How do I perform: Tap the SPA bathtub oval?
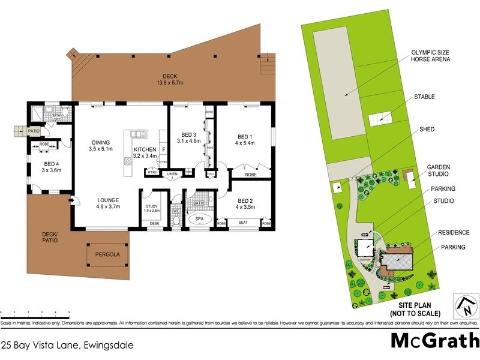tap(199, 220)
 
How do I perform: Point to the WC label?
tap(176, 211)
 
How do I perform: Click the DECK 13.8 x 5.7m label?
tap(170, 79)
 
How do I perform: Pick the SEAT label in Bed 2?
tap(244, 223)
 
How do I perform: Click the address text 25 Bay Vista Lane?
tap(67, 345)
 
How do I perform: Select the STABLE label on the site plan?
tap(424, 97)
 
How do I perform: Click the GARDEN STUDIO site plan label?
tap(439, 170)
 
